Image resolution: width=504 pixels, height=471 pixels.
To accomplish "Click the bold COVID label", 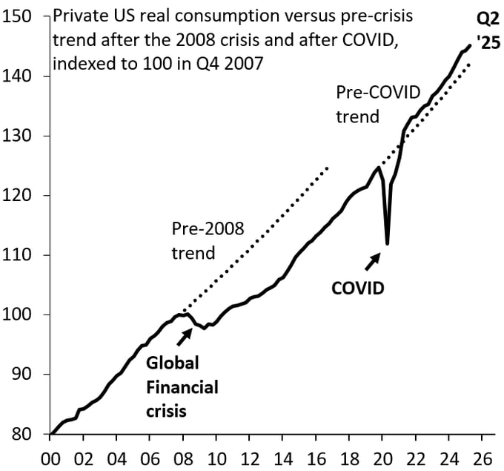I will tap(357, 288).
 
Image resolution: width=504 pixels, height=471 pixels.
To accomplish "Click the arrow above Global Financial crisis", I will tap(184, 336).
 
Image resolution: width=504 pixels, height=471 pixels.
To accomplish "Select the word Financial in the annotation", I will tap(182, 386).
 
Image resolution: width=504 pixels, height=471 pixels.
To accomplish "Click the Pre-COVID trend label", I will tap(378, 104).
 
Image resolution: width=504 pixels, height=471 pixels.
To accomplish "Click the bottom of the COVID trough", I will tap(387, 243).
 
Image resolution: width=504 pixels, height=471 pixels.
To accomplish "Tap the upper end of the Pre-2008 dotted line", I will tap(327, 168).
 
